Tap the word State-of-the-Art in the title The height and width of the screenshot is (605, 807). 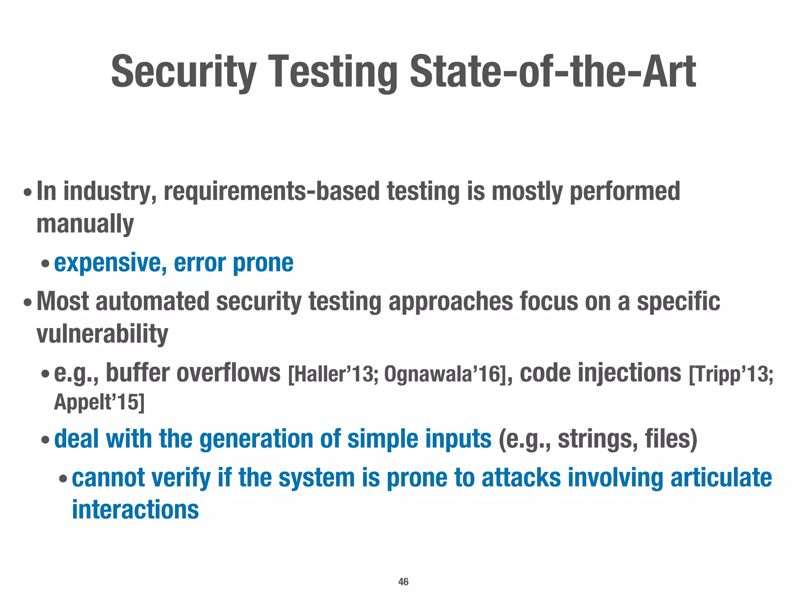click(553, 72)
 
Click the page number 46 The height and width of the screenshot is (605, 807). click(403, 582)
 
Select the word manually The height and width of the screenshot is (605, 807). click(85, 224)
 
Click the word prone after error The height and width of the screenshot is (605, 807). click(263, 263)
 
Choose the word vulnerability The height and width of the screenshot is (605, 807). click(102, 334)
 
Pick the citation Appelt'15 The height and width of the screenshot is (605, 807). click(99, 402)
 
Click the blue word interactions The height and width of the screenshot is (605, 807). click(135, 510)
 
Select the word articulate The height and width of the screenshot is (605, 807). click(721, 478)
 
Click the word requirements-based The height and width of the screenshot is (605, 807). click(271, 191)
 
